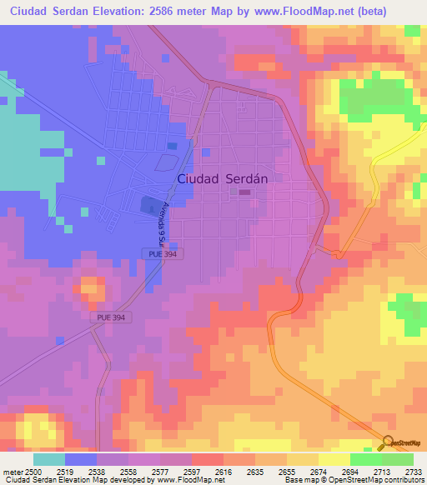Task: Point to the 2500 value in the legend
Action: (x=33, y=471)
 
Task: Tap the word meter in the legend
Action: (x=12, y=471)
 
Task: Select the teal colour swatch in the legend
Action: (x=49, y=459)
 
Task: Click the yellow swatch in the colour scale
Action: (x=334, y=459)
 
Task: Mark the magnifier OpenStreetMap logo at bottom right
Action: (x=389, y=442)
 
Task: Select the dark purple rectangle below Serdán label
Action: (x=244, y=192)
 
